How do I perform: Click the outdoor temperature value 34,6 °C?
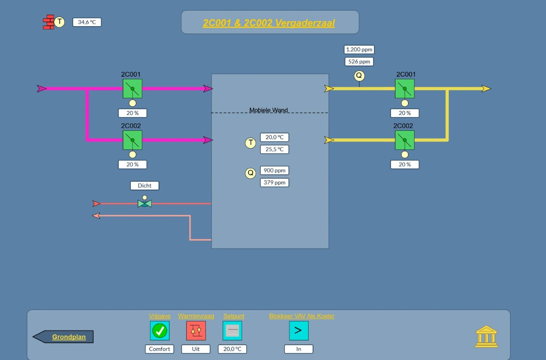click(x=87, y=22)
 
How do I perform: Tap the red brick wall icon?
click(x=49, y=22)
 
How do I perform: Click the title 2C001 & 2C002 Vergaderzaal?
click(x=269, y=23)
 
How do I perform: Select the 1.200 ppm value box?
click(x=359, y=50)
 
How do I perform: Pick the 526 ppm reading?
click(x=359, y=61)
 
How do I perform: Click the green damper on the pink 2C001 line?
click(x=132, y=89)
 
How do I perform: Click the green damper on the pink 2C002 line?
click(x=132, y=140)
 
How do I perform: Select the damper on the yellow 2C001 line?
click(x=405, y=89)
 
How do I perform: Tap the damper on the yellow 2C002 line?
click(x=405, y=140)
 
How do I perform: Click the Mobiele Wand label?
click(x=268, y=110)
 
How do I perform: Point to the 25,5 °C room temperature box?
click(x=274, y=149)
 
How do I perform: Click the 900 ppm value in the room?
click(x=274, y=170)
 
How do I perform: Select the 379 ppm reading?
click(x=274, y=183)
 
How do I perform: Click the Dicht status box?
click(x=145, y=186)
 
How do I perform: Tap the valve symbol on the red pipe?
click(x=145, y=202)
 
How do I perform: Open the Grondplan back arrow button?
click(x=63, y=337)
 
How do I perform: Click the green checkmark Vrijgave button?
click(x=160, y=331)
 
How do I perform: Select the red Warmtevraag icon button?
click(x=196, y=331)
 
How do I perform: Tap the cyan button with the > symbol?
click(x=299, y=331)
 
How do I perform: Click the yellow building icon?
click(x=486, y=336)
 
